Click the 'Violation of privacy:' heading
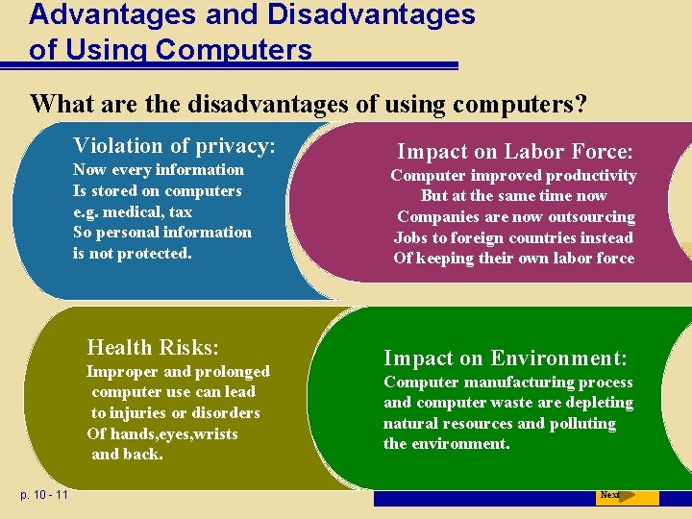pos(174,146)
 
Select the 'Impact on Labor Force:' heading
pos(515,152)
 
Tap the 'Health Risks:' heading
pos(153,347)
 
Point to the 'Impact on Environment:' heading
pos(506,358)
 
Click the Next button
pos(610,496)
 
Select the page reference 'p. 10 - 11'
pos(43,495)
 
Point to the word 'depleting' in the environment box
pos(600,403)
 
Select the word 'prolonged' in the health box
pos(230,372)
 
